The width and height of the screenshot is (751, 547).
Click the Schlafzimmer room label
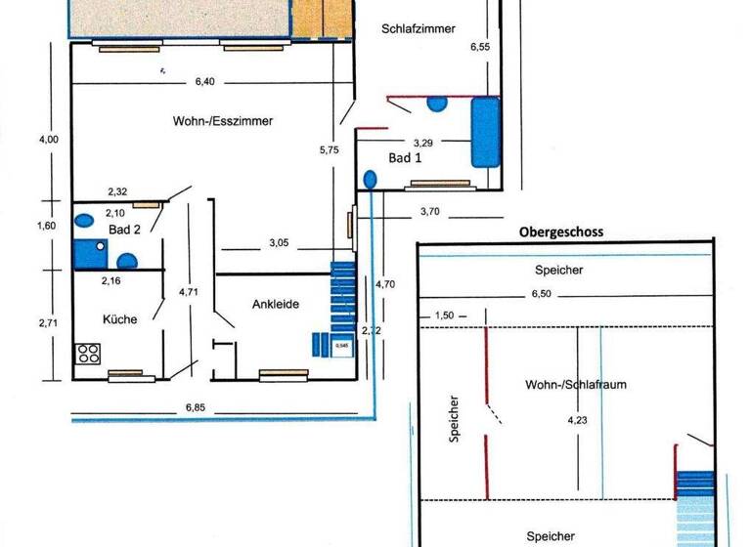pyautogui.click(x=418, y=29)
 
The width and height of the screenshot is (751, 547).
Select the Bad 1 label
pyautogui.click(x=405, y=158)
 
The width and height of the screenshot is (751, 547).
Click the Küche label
pyautogui.click(x=119, y=319)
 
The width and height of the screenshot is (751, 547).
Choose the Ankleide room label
pyautogui.click(x=275, y=304)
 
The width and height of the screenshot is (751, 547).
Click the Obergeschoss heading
pyautogui.click(x=560, y=232)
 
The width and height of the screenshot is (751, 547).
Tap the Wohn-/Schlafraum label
pyautogui.click(x=575, y=385)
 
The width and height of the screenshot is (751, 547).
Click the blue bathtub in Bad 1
pyautogui.click(x=485, y=131)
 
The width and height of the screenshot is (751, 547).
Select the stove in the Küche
pyautogui.click(x=88, y=354)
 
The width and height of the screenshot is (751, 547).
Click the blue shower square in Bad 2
pyautogui.click(x=90, y=253)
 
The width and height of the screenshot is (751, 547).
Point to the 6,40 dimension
pyautogui.click(x=204, y=82)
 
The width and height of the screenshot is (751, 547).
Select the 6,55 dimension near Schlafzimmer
pyautogui.click(x=479, y=46)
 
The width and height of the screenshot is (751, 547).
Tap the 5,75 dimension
pyautogui.click(x=328, y=150)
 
